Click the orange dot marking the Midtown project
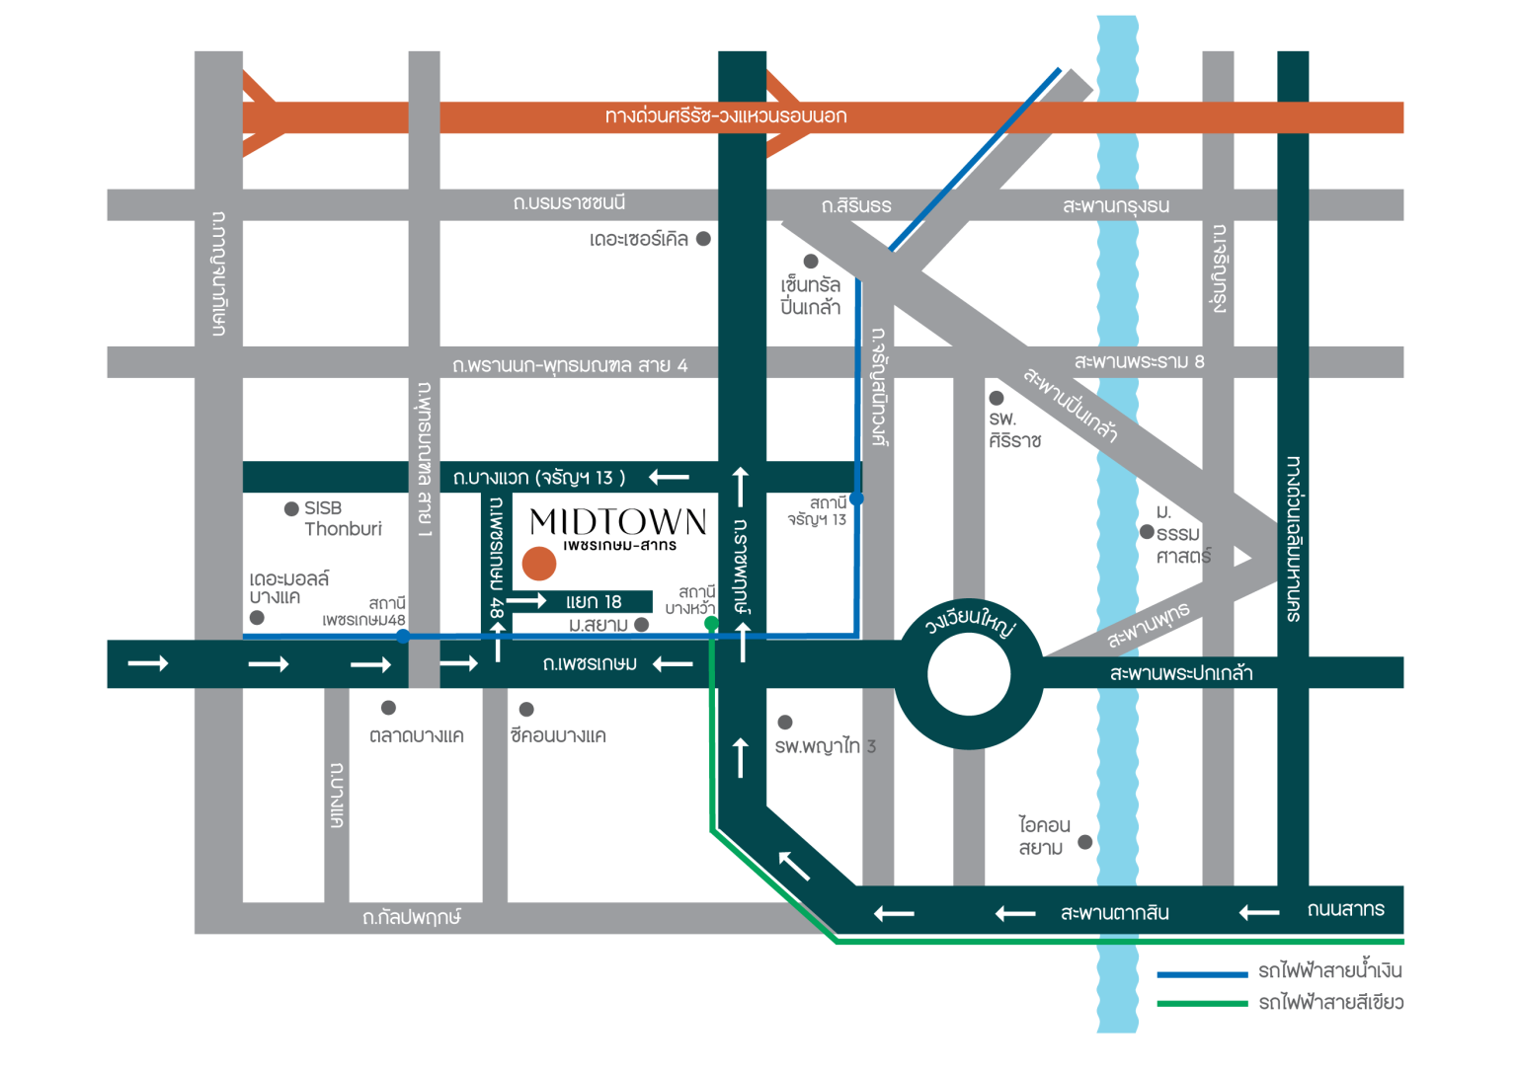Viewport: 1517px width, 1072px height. point(539,564)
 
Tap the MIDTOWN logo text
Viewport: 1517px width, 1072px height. point(618,522)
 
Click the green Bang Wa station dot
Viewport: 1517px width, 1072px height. point(711,623)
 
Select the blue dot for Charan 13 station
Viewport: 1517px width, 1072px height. point(856,498)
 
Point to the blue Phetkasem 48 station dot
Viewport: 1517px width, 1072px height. point(403,636)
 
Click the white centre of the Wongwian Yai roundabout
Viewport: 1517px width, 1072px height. point(969,674)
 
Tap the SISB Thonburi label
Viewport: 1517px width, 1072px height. point(343,518)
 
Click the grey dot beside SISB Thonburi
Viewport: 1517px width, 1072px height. point(291,509)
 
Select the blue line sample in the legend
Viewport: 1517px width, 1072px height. point(1202,974)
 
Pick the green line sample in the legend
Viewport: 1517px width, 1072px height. point(1202,1004)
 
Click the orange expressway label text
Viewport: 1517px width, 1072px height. point(726,116)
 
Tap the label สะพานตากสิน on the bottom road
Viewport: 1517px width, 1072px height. point(1115,913)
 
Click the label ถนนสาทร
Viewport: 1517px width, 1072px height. point(1346,909)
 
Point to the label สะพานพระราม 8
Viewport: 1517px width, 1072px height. point(1139,361)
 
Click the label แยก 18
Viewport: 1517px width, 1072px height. point(594,602)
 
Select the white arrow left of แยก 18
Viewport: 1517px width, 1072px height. point(526,600)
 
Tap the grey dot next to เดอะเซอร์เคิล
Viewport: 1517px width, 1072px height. point(703,239)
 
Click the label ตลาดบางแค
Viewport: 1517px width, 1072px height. point(417,735)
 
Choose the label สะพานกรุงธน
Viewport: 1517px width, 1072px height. point(1116,205)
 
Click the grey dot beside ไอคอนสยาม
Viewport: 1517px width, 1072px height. point(1085,842)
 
